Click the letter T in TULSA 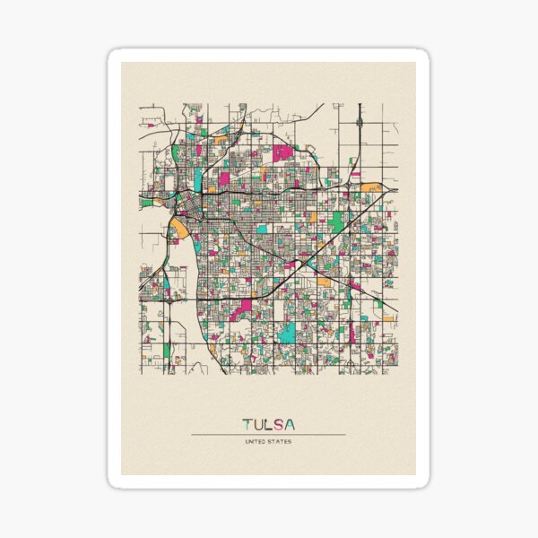pyautogui.click(x=247, y=424)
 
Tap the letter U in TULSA pyautogui.click(x=257, y=424)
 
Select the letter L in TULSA pyautogui.click(x=268, y=424)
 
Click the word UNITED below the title pyautogui.click(x=256, y=441)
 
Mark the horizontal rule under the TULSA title pyautogui.click(x=268, y=435)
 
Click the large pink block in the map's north pyautogui.click(x=283, y=152)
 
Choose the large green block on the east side pyautogui.click(x=338, y=221)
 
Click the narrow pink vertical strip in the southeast pyautogui.click(x=351, y=334)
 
